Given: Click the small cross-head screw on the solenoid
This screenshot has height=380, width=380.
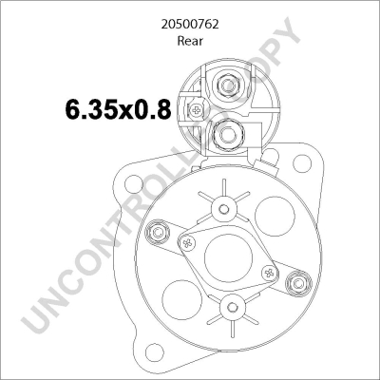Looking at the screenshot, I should [x=196, y=111].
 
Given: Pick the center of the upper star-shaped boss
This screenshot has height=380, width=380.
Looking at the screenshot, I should [x=225, y=208].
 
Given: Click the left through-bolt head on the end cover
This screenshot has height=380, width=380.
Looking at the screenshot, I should [x=158, y=231].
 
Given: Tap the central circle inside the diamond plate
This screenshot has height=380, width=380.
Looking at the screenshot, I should [x=226, y=256].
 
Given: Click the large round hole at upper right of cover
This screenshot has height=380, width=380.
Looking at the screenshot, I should [x=273, y=211].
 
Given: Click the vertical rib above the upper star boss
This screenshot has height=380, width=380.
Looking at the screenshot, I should [x=225, y=186].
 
